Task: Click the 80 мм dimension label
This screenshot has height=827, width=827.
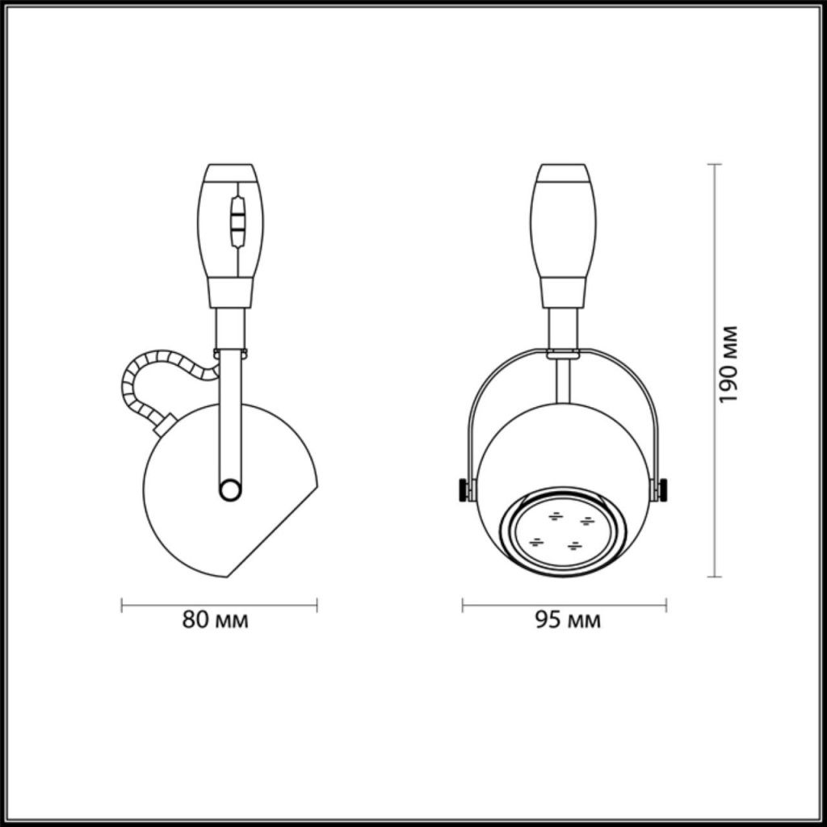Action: click(x=215, y=619)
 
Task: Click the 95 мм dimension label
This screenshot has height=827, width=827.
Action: click(x=568, y=619)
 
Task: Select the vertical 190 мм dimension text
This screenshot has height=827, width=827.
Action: click(x=728, y=364)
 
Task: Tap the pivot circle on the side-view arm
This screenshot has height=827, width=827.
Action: click(x=230, y=489)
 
